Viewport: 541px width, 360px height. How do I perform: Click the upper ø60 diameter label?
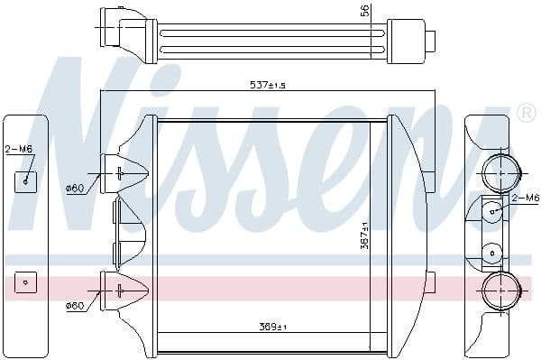coord(75,186)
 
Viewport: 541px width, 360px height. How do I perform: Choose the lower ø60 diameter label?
coord(75,306)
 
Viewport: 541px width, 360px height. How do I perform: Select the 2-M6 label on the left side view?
coord(19,150)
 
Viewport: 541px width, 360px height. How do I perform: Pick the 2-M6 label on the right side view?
coord(525,197)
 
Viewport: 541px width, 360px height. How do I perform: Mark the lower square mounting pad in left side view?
coord(25,282)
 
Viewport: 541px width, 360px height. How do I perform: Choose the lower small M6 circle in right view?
coord(492,253)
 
